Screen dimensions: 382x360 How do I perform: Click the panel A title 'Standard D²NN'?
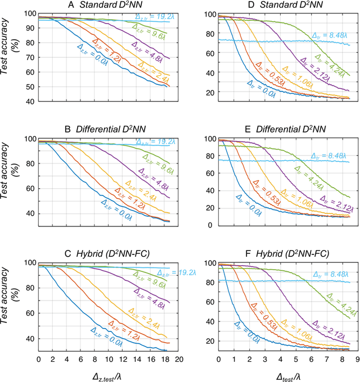[x=109, y=6]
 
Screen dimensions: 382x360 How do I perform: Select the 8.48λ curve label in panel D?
[x=330, y=34]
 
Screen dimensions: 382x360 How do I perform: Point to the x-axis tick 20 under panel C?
[x=179, y=358]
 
